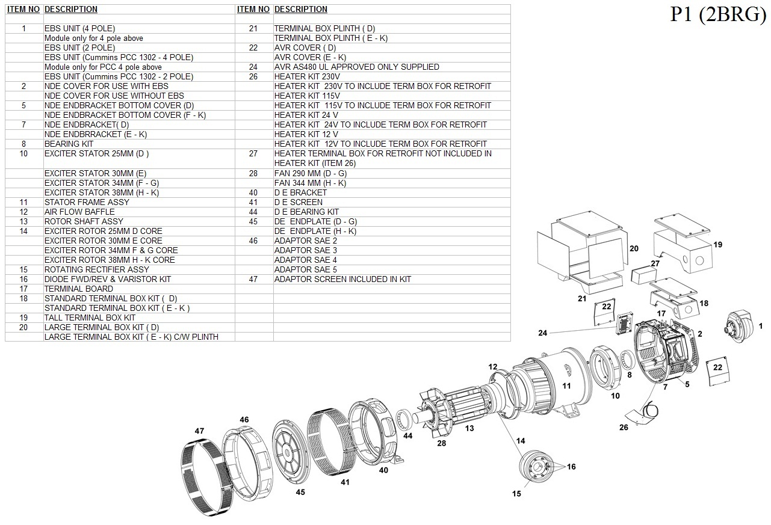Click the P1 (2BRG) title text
[718, 14]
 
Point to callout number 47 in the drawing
[199, 431]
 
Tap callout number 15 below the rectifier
[516, 494]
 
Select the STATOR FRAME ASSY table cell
[87, 202]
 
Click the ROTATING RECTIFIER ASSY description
[96, 269]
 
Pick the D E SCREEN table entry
[298, 202]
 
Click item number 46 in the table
[253, 241]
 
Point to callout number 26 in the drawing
[624, 428]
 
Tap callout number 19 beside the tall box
[717, 245]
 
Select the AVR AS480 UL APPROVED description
[356, 67]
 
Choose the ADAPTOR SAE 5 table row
[305, 269]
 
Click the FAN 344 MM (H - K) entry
[310, 183]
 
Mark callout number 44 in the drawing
[408, 435]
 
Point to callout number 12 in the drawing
[493, 367]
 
